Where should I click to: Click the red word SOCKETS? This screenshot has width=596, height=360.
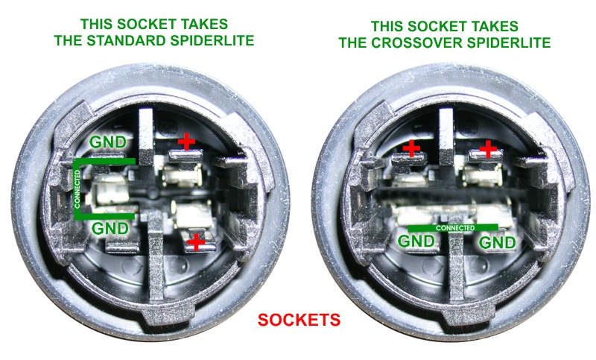tap(299, 320)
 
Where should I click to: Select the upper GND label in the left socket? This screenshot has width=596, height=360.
tap(108, 142)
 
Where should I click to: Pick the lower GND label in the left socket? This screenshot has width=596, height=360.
tap(110, 228)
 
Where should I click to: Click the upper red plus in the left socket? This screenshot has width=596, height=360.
tap(187, 142)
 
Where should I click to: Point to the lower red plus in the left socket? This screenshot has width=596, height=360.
tap(196, 241)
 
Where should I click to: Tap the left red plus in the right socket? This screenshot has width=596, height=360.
tap(411, 148)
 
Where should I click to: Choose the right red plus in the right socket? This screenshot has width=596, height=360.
tap(488, 148)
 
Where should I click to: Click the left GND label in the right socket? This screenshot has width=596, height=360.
tap(416, 241)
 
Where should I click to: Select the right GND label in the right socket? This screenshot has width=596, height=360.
tap(497, 242)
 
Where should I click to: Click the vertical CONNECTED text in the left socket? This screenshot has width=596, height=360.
tap(77, 189)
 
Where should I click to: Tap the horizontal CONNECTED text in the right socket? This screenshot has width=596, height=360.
tap(455, 228)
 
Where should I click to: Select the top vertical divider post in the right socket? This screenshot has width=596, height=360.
tap(446, 136)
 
